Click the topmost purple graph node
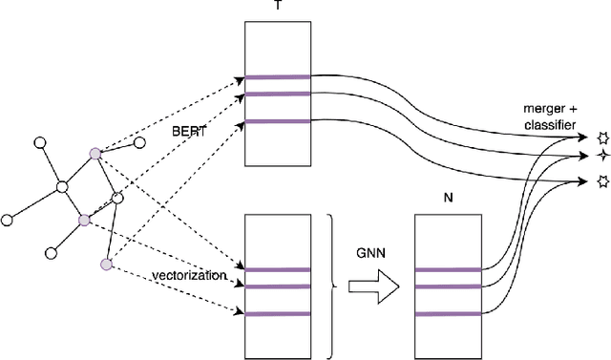pyautogui.click(x=95, y=152)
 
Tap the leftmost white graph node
pyautogui.click(x=8, y=220)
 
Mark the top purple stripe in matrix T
pyautogui.click(x=277, y=77)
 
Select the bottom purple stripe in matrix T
pyautogui.click(x=277, y=121)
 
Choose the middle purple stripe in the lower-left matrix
pyautogui.click(x=277, y=286)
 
